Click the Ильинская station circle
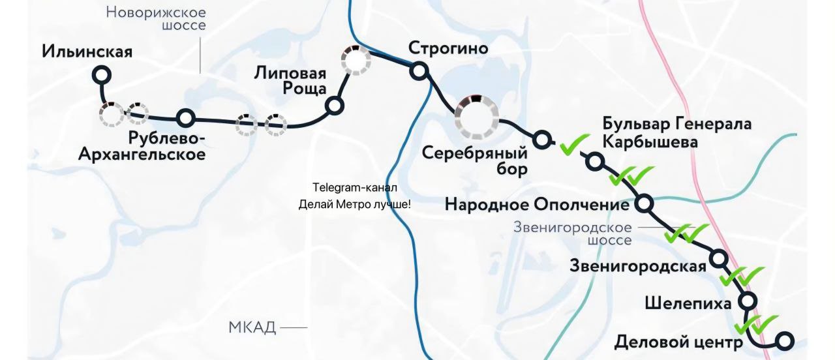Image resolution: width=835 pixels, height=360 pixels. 100,76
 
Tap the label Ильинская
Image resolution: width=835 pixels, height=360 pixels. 87,52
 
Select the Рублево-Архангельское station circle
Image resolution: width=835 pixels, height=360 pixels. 186,118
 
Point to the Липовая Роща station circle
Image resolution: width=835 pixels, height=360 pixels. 335,105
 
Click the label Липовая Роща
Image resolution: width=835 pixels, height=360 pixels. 290,82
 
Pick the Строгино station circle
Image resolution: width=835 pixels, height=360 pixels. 418,70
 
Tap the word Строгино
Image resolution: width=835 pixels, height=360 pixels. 448,48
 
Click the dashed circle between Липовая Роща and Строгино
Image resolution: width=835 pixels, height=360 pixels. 356,61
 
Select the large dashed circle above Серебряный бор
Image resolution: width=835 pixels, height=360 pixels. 476,117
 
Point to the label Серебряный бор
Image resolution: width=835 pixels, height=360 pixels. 474,161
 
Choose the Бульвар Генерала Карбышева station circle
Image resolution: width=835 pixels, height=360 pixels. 594,161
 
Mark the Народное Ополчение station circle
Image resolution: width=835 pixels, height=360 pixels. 645,203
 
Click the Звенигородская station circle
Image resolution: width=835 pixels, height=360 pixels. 719,259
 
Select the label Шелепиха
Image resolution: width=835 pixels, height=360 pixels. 688,303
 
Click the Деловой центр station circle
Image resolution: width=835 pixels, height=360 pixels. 785,340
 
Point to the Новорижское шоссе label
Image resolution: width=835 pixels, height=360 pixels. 156,19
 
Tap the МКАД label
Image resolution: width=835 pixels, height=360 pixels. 252,327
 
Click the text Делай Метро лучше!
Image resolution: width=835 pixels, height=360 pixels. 354,204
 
